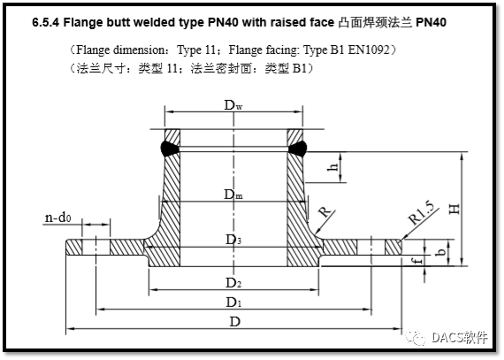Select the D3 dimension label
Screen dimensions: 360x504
[232, 240]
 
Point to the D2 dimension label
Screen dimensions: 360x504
[232, 283]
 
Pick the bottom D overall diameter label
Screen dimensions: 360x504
[233, 322]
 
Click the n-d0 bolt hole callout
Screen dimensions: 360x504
[59, 218]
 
